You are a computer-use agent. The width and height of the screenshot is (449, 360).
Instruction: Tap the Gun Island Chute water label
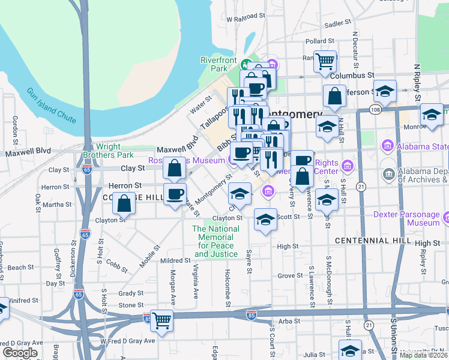(51, 106)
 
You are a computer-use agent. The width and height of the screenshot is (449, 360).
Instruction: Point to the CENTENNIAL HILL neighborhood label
(373, 241)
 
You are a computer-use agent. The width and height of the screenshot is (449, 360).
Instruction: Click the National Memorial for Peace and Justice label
(215, 241)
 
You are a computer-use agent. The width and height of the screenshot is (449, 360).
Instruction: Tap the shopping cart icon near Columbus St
(325, 61)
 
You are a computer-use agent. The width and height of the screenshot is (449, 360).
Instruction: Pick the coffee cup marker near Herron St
(175, 194)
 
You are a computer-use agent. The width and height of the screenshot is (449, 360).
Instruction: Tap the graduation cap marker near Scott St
(265, 220)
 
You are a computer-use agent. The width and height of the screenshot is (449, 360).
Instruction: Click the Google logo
(20, 353)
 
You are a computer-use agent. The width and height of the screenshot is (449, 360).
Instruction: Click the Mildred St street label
(175, 261)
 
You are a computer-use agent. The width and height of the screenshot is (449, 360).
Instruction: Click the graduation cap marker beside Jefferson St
(386, 91)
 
